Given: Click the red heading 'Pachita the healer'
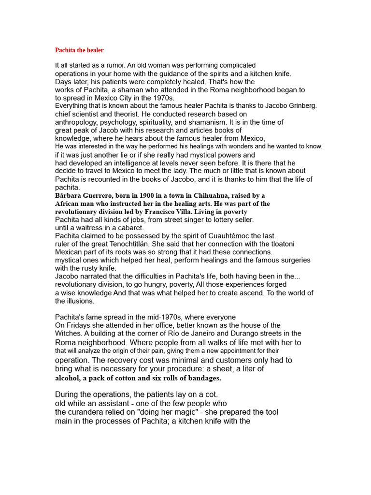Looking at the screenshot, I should pos(79,50).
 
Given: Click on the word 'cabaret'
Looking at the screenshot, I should pos(130,228).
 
